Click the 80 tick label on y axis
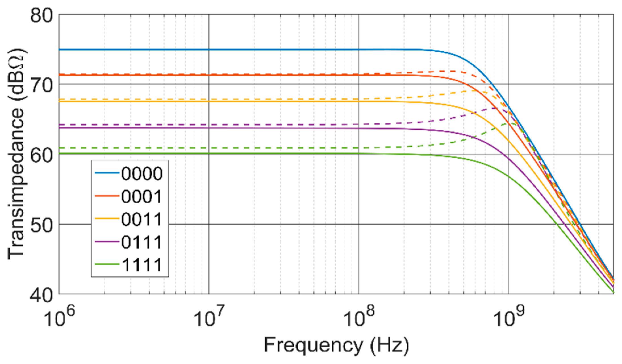point(42,14)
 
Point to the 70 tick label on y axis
point(42,84)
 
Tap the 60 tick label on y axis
point(42,154)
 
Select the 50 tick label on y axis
point(42,224)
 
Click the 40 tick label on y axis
point(42,294)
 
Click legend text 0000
point(141,173)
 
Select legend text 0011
point(141,219)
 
